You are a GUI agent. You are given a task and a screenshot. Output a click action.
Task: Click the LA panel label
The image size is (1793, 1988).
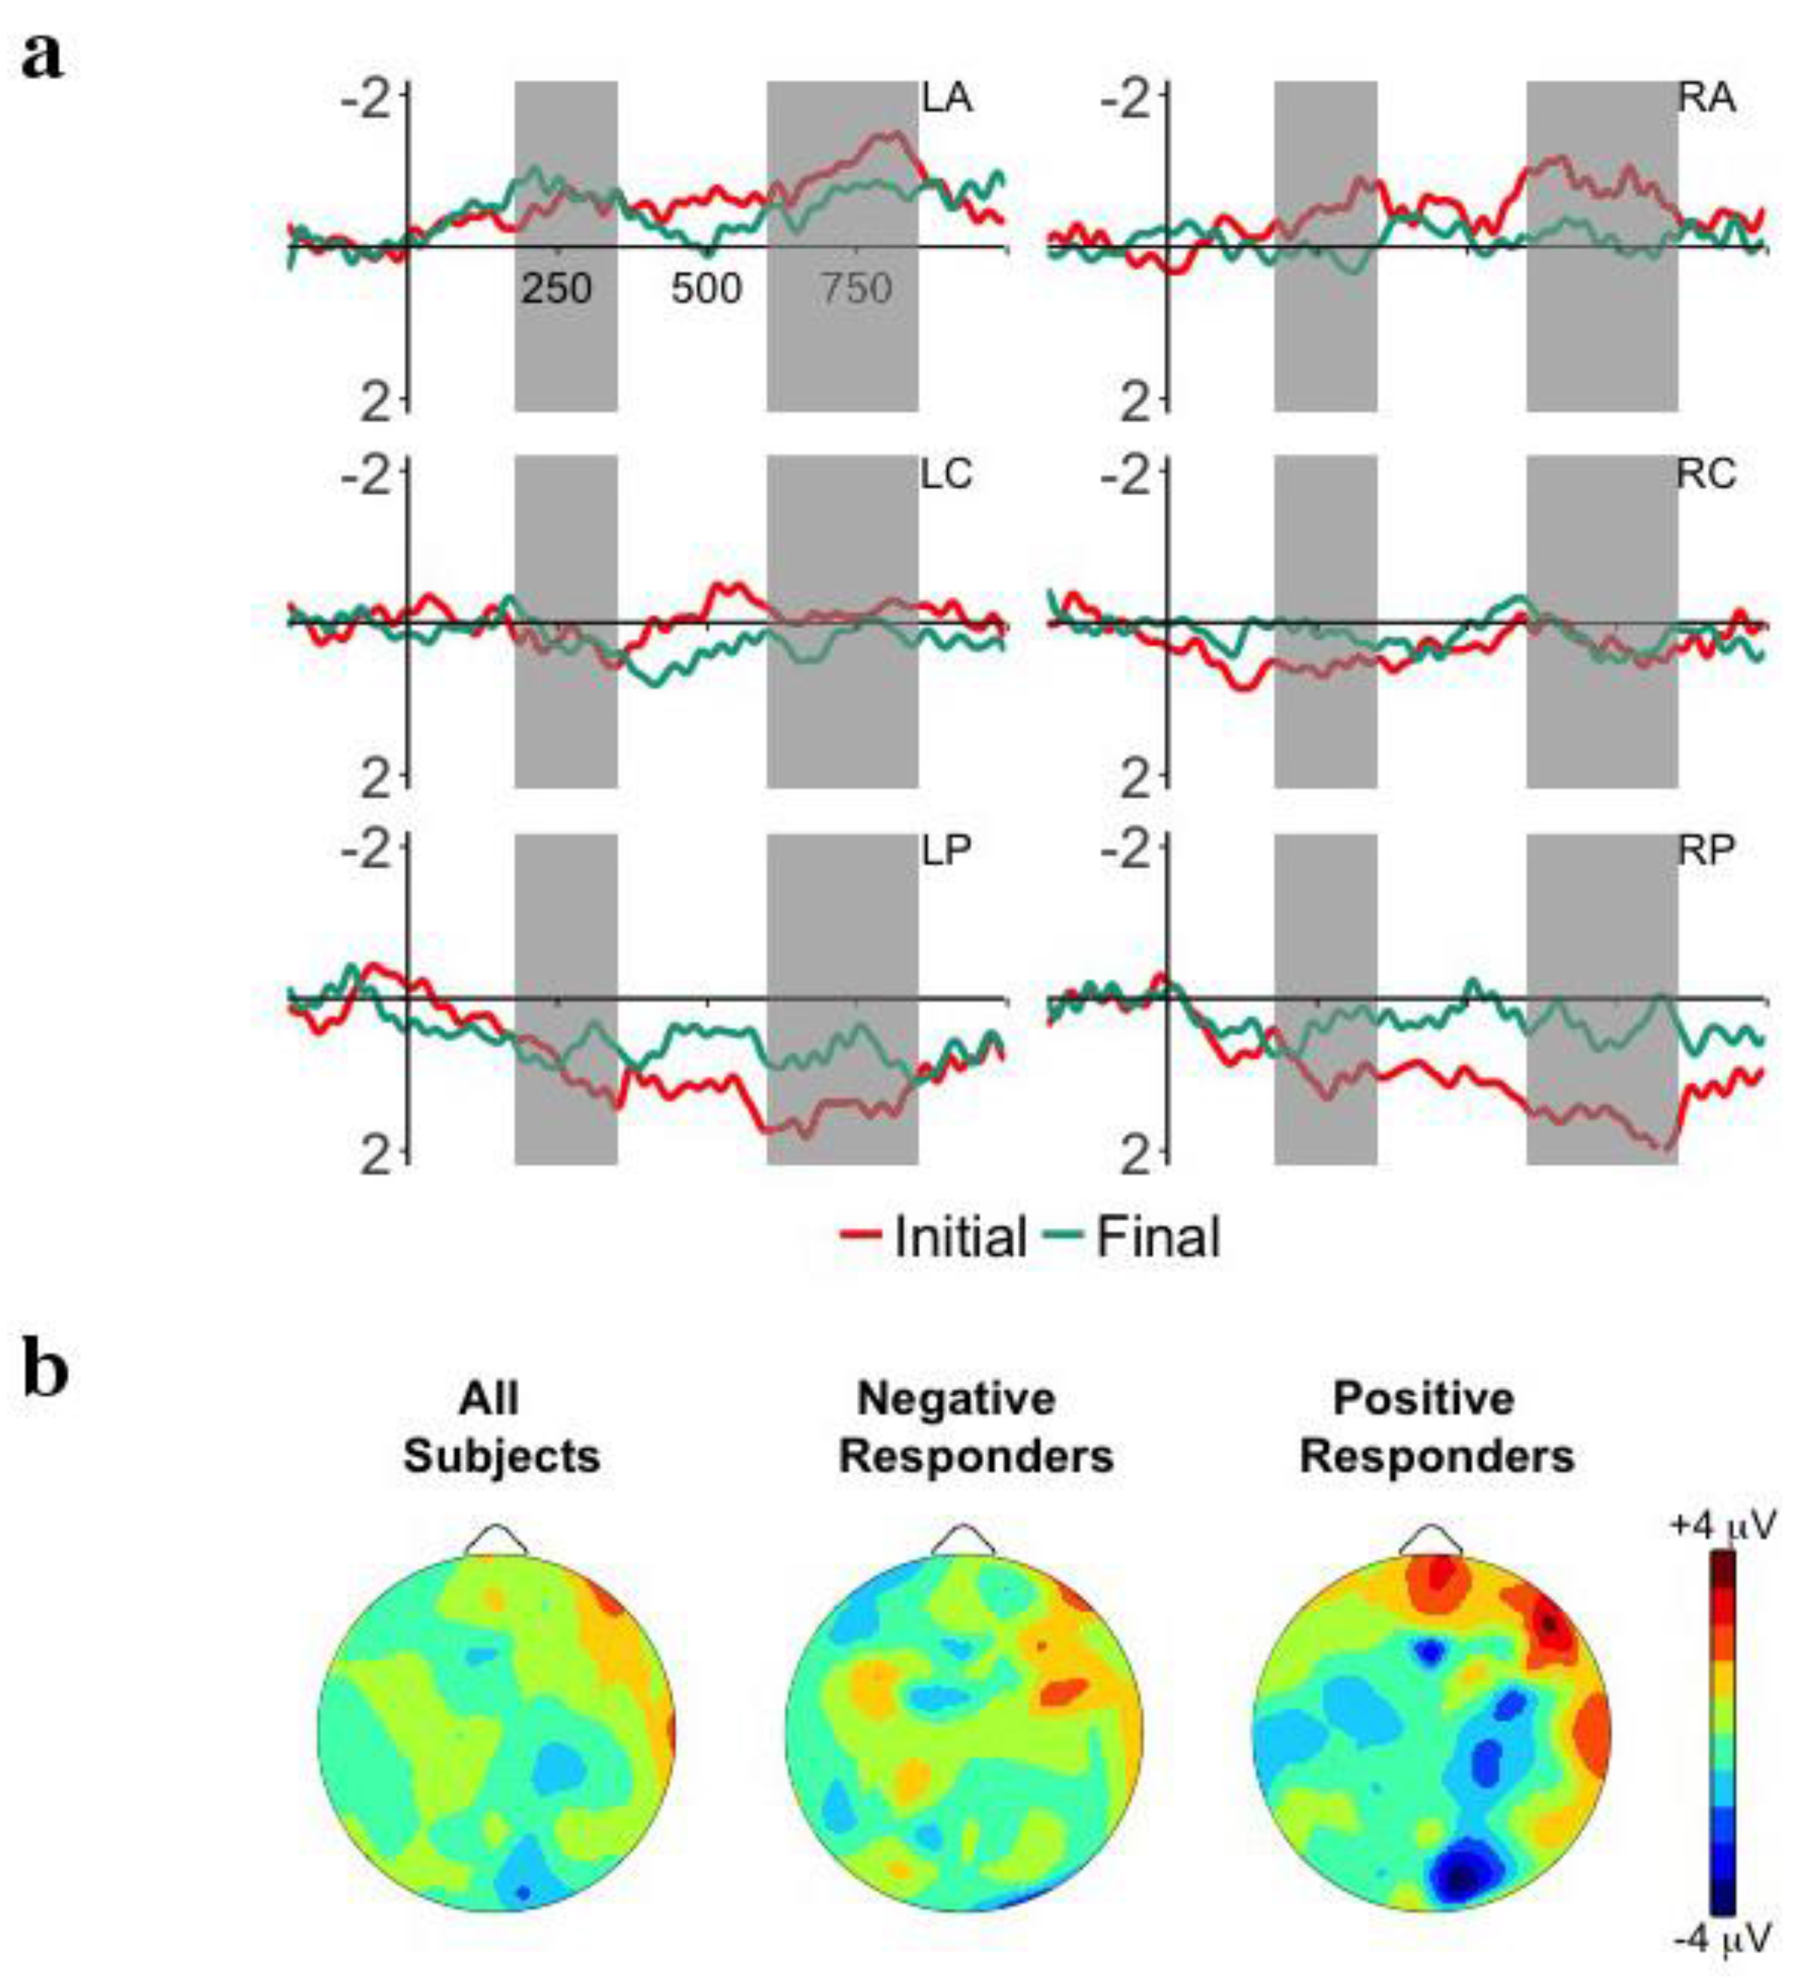pos(947,100)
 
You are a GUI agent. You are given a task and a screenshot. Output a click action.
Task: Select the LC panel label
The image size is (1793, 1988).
pos(947,475)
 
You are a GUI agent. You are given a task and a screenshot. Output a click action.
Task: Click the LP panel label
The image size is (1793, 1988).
pos(947,852)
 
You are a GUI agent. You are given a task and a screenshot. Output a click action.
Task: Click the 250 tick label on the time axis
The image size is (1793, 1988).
pos(557,289)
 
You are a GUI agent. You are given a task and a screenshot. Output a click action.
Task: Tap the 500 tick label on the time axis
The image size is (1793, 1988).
pos(707,289)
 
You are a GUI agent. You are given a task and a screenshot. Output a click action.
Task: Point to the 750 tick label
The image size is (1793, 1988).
pos(856,289)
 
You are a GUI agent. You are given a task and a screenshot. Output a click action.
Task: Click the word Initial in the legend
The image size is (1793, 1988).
pos(959,1236)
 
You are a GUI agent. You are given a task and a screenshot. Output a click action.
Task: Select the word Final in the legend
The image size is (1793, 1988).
pos(1158,1236)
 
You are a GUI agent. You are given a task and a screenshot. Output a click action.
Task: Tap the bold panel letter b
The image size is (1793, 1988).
pos(45,1372)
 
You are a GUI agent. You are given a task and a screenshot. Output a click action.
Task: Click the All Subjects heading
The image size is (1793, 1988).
pos(502,1427)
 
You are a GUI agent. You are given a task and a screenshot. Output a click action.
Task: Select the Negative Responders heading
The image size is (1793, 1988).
pos(975,1427)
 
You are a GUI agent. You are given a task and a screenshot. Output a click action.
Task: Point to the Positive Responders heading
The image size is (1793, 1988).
pos(1436,1427)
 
